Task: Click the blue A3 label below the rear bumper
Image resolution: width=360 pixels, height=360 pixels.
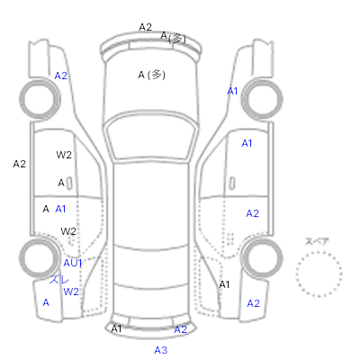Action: (x=161, y=350)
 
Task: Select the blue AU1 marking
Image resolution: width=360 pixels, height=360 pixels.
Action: (x=73, y=263)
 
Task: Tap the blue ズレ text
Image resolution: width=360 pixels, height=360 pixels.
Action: (x=59, y=280)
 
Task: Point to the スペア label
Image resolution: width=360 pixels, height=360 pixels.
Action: (x=317, y=241)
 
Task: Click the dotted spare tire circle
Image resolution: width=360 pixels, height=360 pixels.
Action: (x=319, y=253)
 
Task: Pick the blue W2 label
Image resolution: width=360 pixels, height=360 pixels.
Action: (x=71, y=292)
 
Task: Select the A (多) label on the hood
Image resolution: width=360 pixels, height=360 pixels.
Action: (x=151, y=75)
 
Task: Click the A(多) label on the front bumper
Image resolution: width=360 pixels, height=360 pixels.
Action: (x=174, y=37)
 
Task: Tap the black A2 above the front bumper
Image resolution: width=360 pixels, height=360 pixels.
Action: (x=146, y=27)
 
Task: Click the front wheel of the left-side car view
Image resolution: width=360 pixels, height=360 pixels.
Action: (x=40, y=99)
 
